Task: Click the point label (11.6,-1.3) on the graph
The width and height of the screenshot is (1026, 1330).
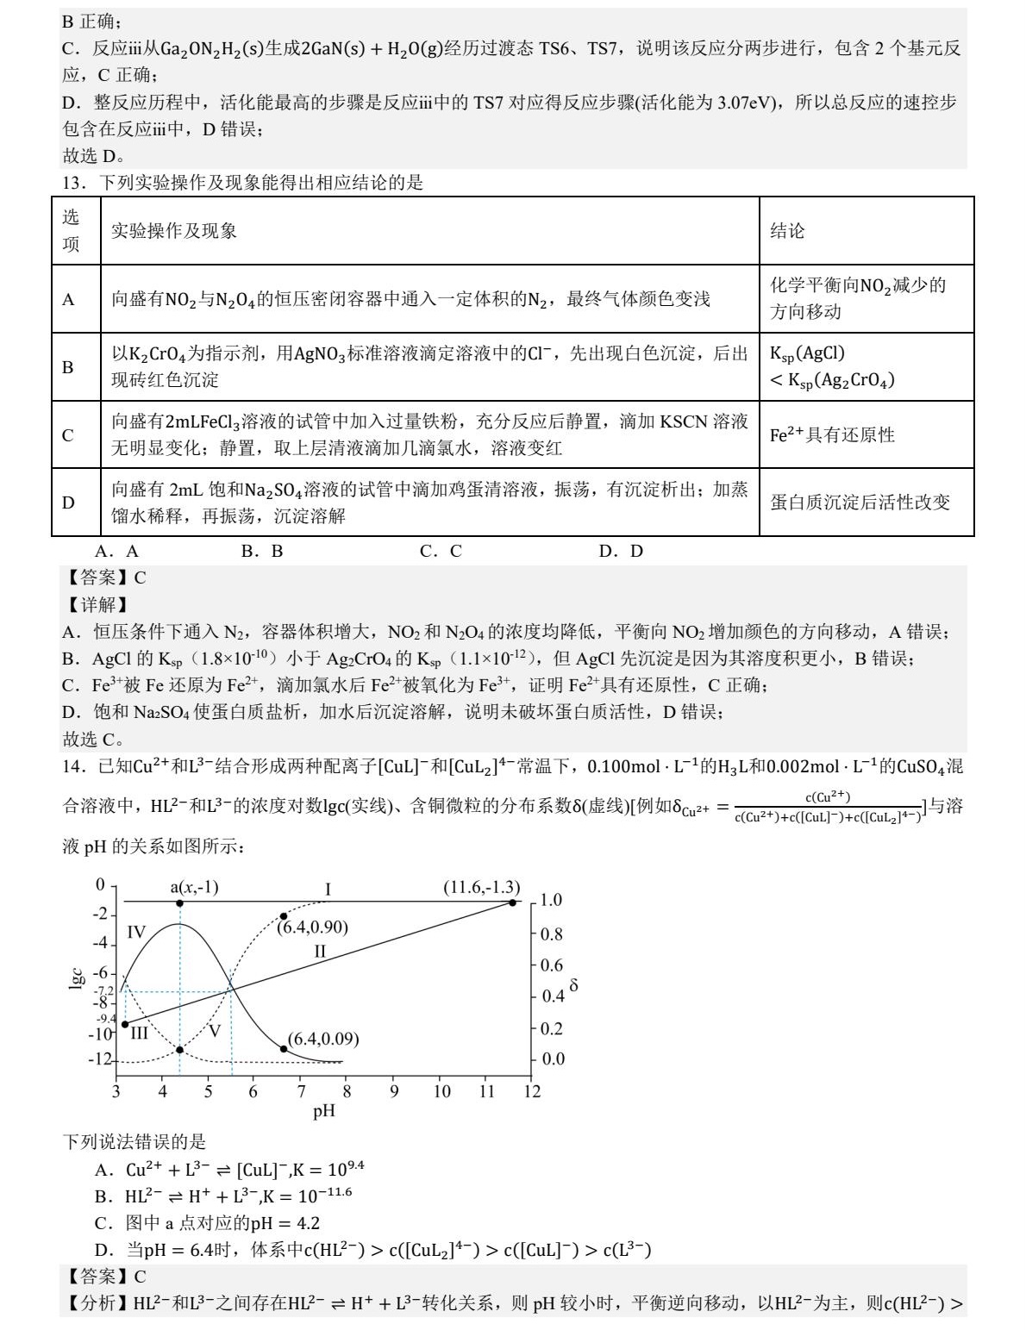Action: pos(481,887)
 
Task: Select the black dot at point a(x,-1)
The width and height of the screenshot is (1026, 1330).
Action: pos(179,903)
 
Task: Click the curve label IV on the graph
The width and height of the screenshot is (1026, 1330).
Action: pos(136,932)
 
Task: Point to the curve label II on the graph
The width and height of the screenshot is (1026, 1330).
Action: pos(320,952)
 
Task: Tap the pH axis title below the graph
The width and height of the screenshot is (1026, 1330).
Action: pos(323,1110)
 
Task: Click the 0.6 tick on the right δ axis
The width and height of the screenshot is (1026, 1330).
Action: pos(551,965)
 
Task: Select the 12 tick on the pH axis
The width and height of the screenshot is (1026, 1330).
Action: pos(532,1091)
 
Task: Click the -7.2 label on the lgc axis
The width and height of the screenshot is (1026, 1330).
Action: pos(104,991)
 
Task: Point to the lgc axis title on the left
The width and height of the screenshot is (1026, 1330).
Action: pos(76,977)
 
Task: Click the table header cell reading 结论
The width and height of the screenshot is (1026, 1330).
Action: pos(787,230)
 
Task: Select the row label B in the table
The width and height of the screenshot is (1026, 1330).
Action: pos(68,367)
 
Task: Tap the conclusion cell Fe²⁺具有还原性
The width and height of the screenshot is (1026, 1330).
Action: pos(832,435)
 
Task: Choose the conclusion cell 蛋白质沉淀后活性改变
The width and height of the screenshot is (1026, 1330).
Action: pos(860,503)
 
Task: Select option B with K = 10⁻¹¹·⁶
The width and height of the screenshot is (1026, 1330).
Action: pos(223,1196)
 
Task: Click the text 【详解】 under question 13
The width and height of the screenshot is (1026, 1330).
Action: pos(97,605)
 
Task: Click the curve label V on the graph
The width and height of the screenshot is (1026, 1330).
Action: pos(215,1031)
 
